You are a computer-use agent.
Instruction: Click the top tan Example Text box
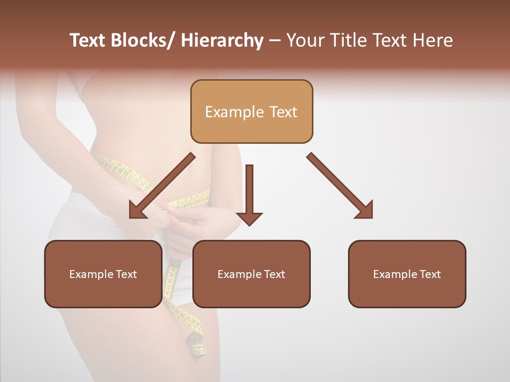pos(251,111)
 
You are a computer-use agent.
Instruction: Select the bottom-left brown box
pos(103,274)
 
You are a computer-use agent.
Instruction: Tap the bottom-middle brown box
pos(251,274)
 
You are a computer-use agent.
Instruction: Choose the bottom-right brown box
pos(407,274)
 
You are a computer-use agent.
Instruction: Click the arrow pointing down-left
pos(162,186)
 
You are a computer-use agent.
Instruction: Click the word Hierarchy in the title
pos(222,40)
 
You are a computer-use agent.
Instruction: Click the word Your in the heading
pos(303,40)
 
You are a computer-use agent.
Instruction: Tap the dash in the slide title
pos(275,41)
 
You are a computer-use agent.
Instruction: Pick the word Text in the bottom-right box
pos(429,274)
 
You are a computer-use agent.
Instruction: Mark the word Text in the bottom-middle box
pos(274,274)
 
